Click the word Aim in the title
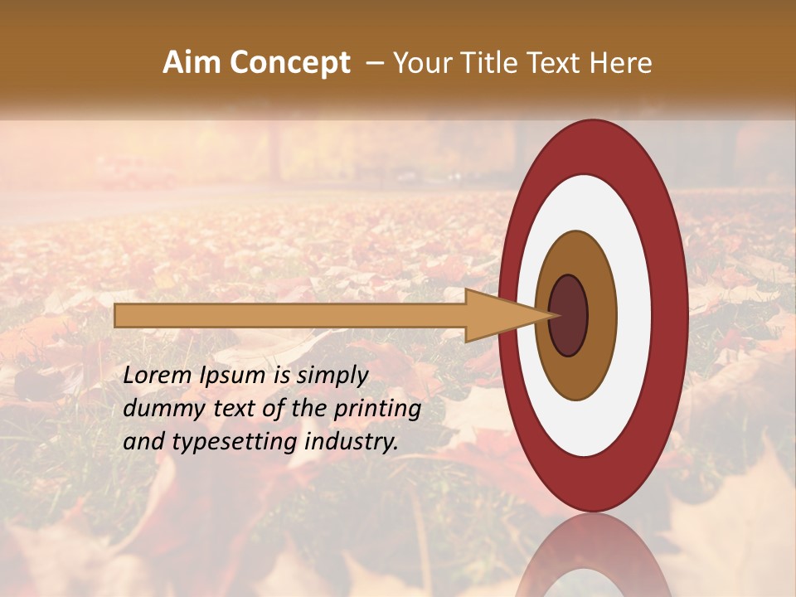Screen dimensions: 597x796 click(x=192, y=63)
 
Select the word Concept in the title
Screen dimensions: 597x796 click(x=290, y=64)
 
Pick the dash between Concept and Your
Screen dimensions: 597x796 click(x=375, y=64)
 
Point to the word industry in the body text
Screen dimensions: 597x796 click(x=351, y=442)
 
